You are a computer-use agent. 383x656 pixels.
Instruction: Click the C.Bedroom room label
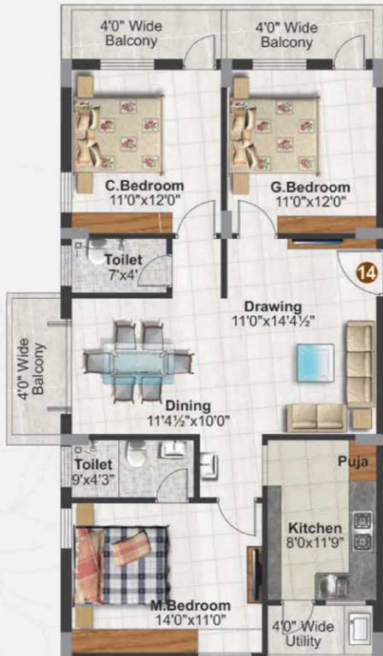144,186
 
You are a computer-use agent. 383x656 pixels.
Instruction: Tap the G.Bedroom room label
311,188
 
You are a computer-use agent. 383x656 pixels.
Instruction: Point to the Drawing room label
273,307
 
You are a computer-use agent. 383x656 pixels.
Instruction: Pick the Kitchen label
315,528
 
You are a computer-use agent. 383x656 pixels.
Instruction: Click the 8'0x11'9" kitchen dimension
315,543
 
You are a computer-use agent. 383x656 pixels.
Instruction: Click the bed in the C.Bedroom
118,132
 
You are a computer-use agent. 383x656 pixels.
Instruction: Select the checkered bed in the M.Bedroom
121,565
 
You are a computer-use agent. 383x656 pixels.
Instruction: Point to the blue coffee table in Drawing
315,362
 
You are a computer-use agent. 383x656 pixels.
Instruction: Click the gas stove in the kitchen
362,530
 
